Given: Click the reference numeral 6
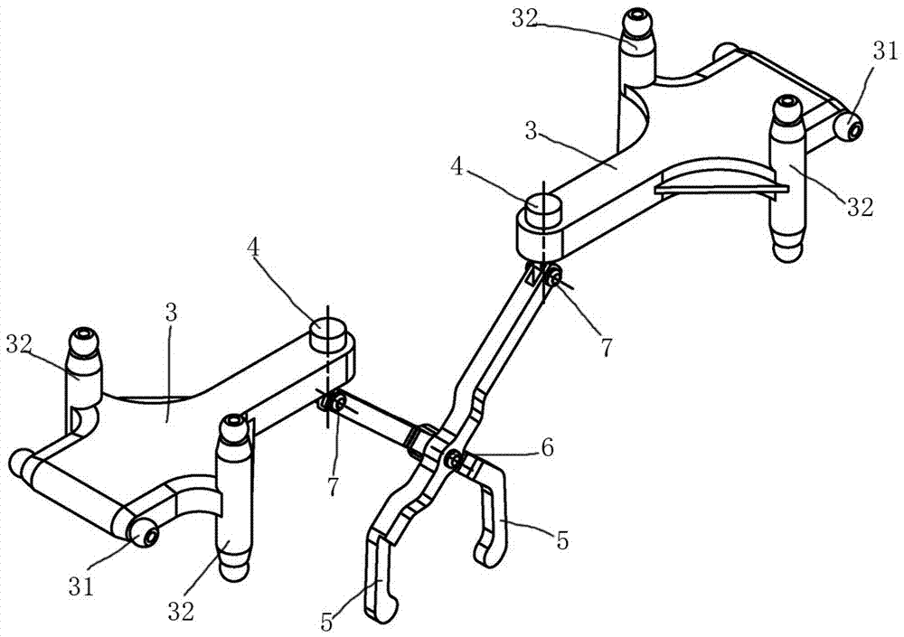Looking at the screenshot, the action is (x=547, y=446).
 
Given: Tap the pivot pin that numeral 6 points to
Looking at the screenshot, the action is (x=456, y=459).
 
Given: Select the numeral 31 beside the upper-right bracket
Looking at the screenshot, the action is (x=885, y=52).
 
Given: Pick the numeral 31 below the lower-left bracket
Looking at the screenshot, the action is (x=81, y=586).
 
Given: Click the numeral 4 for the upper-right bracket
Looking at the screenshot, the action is (x=457, y=168).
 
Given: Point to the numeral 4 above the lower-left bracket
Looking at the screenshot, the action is (x=252, y=248).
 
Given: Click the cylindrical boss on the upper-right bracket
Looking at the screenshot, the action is (x=541, y=206).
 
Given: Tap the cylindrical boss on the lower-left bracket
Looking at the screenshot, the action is (x=325, y=333).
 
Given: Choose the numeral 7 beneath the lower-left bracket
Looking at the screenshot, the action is (x=333, y=485).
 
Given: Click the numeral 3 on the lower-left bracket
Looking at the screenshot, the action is (x=171, y=315).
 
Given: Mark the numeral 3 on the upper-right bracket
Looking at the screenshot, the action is (x=531, y=131).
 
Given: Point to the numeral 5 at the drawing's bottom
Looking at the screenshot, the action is (x=327, y=622).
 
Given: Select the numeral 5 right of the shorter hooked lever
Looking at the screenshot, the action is (x=562, y=540).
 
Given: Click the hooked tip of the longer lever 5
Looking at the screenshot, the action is (x=385, y=610).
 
